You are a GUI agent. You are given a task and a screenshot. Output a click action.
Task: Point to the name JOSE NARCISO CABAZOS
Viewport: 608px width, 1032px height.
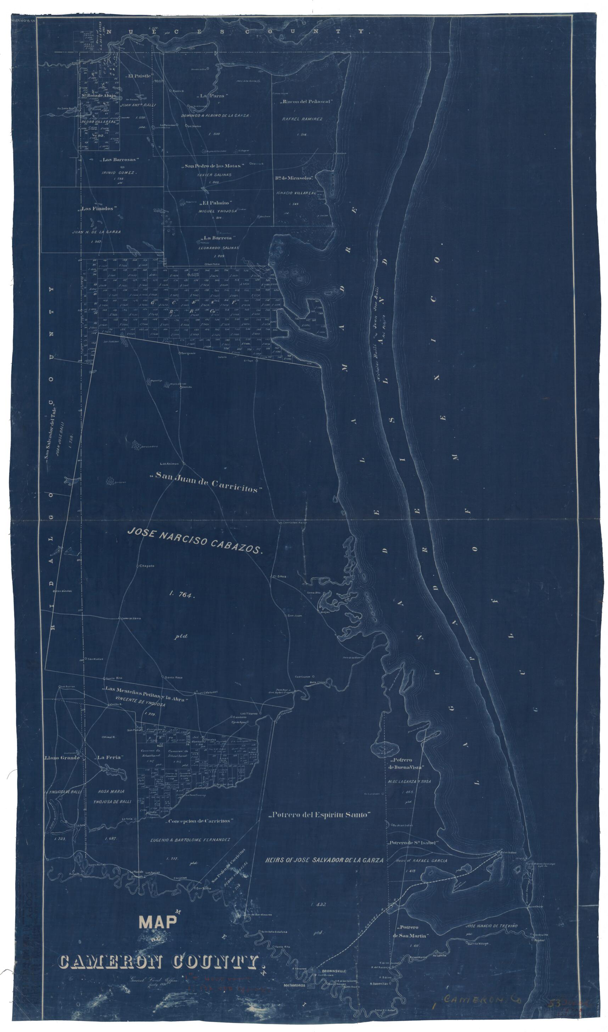[x=194, y=540]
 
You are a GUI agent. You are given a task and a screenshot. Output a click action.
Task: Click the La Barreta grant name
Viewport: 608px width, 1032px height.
[x=217, y=237]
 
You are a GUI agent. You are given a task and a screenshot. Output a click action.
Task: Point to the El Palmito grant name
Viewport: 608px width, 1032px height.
[x=216, y=203]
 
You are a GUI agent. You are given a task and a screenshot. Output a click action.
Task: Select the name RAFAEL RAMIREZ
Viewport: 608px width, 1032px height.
[x=302, y=119]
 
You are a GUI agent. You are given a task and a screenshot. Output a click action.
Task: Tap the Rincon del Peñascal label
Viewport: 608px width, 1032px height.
[x=306, y=101]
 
